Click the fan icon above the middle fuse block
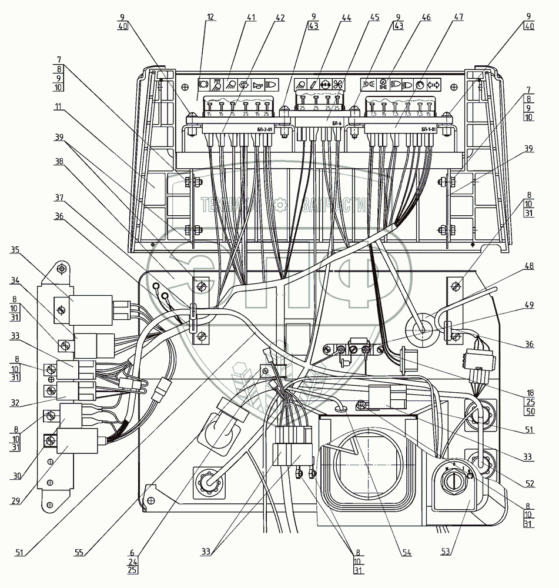tap(337, 84)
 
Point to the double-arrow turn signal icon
tap(436, 84)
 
